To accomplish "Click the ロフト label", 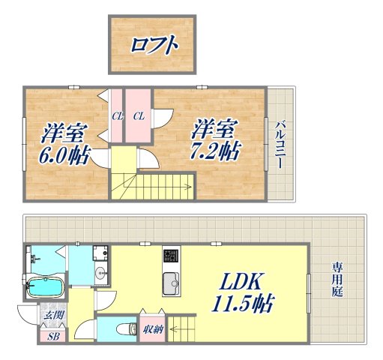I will coord(154,45).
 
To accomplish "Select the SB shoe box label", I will coord(52,335).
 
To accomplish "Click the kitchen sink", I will coord(170,285).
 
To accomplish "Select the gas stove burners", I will coord(169,256).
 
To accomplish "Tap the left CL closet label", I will coord(117,115).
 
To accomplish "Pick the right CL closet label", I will coord(139,115).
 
